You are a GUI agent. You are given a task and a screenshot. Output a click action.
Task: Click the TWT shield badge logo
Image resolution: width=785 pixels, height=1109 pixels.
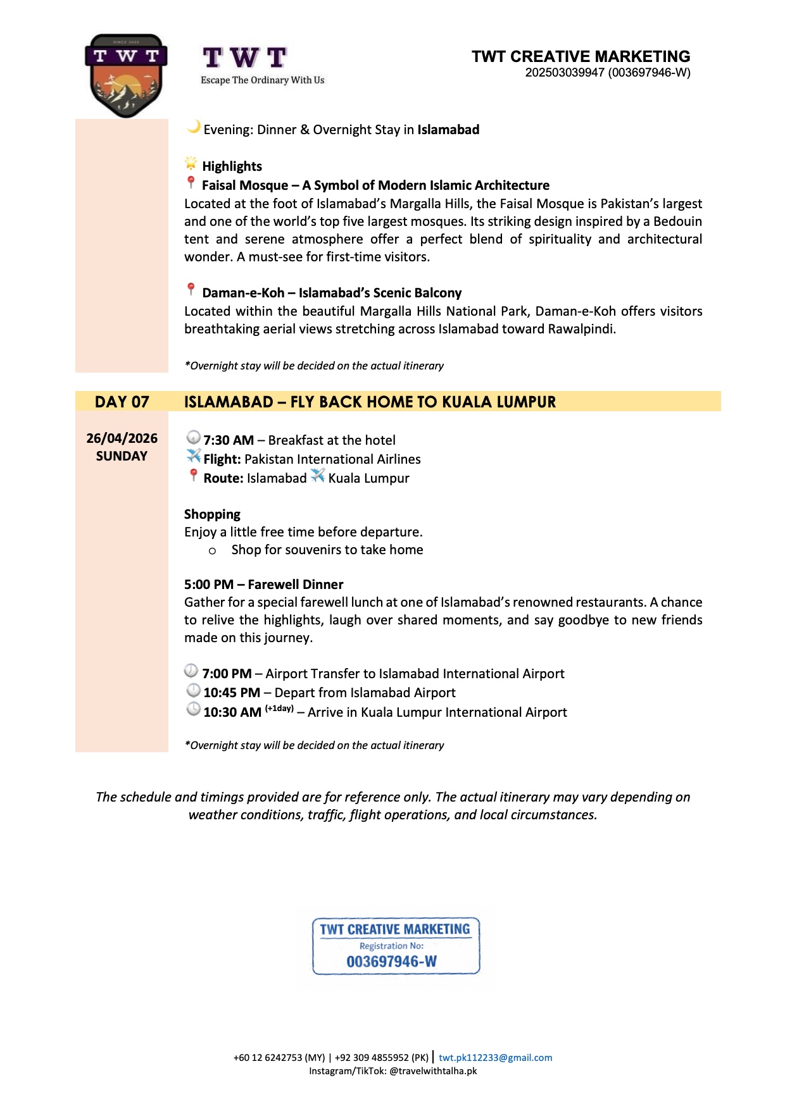tap(126, 76)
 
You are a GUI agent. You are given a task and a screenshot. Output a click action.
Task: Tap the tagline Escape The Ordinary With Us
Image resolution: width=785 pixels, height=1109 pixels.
tap(262, 80)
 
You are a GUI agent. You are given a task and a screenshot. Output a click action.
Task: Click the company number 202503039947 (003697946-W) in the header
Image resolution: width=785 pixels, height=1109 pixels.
tap(607, 73)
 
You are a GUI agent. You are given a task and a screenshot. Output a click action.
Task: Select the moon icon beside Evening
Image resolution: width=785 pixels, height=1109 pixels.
tap(193, 127)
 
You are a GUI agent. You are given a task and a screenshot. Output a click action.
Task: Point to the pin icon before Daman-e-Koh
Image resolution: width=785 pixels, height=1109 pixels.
tap(191, 290)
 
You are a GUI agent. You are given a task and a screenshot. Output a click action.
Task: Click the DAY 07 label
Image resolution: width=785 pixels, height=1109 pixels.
tap(122, 402)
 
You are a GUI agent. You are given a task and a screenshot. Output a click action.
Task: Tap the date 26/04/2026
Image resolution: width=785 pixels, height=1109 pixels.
tap(122, 438)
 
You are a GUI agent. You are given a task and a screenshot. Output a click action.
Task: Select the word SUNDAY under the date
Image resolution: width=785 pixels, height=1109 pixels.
tap(122, 456)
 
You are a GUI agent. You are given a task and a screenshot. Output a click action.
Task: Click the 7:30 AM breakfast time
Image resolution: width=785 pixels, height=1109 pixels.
tap(229, 440)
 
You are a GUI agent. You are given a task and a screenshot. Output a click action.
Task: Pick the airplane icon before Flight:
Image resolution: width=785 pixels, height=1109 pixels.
tap(193, 455)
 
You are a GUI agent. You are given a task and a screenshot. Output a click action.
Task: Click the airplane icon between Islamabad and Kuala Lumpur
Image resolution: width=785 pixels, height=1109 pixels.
tap(317, 476)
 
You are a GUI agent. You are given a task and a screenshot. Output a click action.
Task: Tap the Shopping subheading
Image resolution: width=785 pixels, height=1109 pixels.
tap(212, 514)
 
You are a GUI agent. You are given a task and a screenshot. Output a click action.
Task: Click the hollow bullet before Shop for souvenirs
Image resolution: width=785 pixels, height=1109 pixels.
tap(212, 551)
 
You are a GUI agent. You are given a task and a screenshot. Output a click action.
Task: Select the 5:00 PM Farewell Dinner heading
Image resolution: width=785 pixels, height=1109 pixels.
tap(263, 585)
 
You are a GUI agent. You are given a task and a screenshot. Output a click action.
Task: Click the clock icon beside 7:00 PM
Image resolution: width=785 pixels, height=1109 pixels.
tap(191, 671)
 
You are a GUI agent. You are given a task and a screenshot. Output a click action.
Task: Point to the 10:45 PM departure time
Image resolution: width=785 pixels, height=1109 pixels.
tap(232, 693)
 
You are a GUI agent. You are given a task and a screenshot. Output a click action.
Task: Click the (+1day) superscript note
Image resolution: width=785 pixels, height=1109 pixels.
tap(279, 709)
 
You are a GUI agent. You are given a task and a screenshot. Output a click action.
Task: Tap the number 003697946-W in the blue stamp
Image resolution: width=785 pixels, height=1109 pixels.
tap(391, 962)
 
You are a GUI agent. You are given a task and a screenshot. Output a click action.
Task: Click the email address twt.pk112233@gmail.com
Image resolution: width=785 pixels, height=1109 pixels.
tap(495, 1058)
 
